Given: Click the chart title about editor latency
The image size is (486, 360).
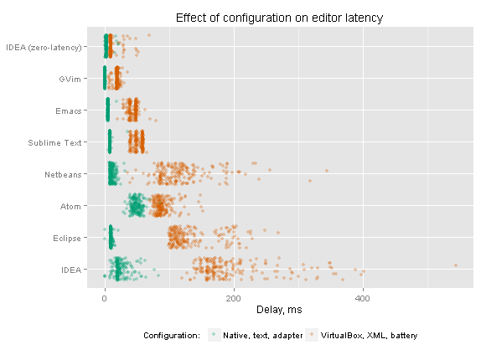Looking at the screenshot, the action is pyautogui.click(x=279, y=18).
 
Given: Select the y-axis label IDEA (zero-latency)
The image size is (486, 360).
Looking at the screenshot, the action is pyautogui.click(x=44, y=48).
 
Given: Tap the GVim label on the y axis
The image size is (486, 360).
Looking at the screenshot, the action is pyautogui.click(x=70, y=80).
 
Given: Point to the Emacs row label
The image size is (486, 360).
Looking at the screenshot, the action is pyautogui.click(x=69, y=111).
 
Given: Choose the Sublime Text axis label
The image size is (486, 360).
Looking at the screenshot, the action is pyautogui.click(x=54, y=143).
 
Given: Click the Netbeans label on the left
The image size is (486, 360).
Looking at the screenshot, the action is pyautogui.click(x=63, y=175).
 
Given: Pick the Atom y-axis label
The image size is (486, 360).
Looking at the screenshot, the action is pyautogui.click(x=70, y=206).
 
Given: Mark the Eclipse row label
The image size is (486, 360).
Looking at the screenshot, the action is pyautogui.click(x=67, y=239).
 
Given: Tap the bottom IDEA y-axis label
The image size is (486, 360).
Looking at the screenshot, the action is pyautogui.click(x=71, y=270).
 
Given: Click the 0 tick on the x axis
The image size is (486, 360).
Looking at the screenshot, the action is pyautogui.click(x=105, y=298).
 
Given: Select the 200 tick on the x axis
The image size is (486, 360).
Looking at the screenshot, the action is pyautogui.click(x=234, y=298).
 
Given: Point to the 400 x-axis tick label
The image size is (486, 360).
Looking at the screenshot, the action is pyautogui.click(x=363, y=298).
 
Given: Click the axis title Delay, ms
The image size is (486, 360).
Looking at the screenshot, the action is pyautogui.click(x=279, y=310).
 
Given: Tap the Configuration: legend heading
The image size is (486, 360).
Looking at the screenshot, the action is pyautogui.click(x=172, y=336).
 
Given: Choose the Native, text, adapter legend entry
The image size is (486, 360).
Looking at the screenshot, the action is pyautogui.click(x=263, y=336).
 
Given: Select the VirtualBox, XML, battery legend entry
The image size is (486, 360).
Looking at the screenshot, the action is pyautogui.click(x=370, y=336).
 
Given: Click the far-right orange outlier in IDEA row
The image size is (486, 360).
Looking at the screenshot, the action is pyautogui.click(x=456, y=265).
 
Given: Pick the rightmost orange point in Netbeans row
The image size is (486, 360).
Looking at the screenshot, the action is pyautogui.click(x=327, y=171).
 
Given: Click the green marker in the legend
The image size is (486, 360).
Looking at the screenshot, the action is pyautogui.click(x=214, y=335).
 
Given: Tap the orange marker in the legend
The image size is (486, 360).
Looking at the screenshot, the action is pyautogui.click(x=312, y=335).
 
